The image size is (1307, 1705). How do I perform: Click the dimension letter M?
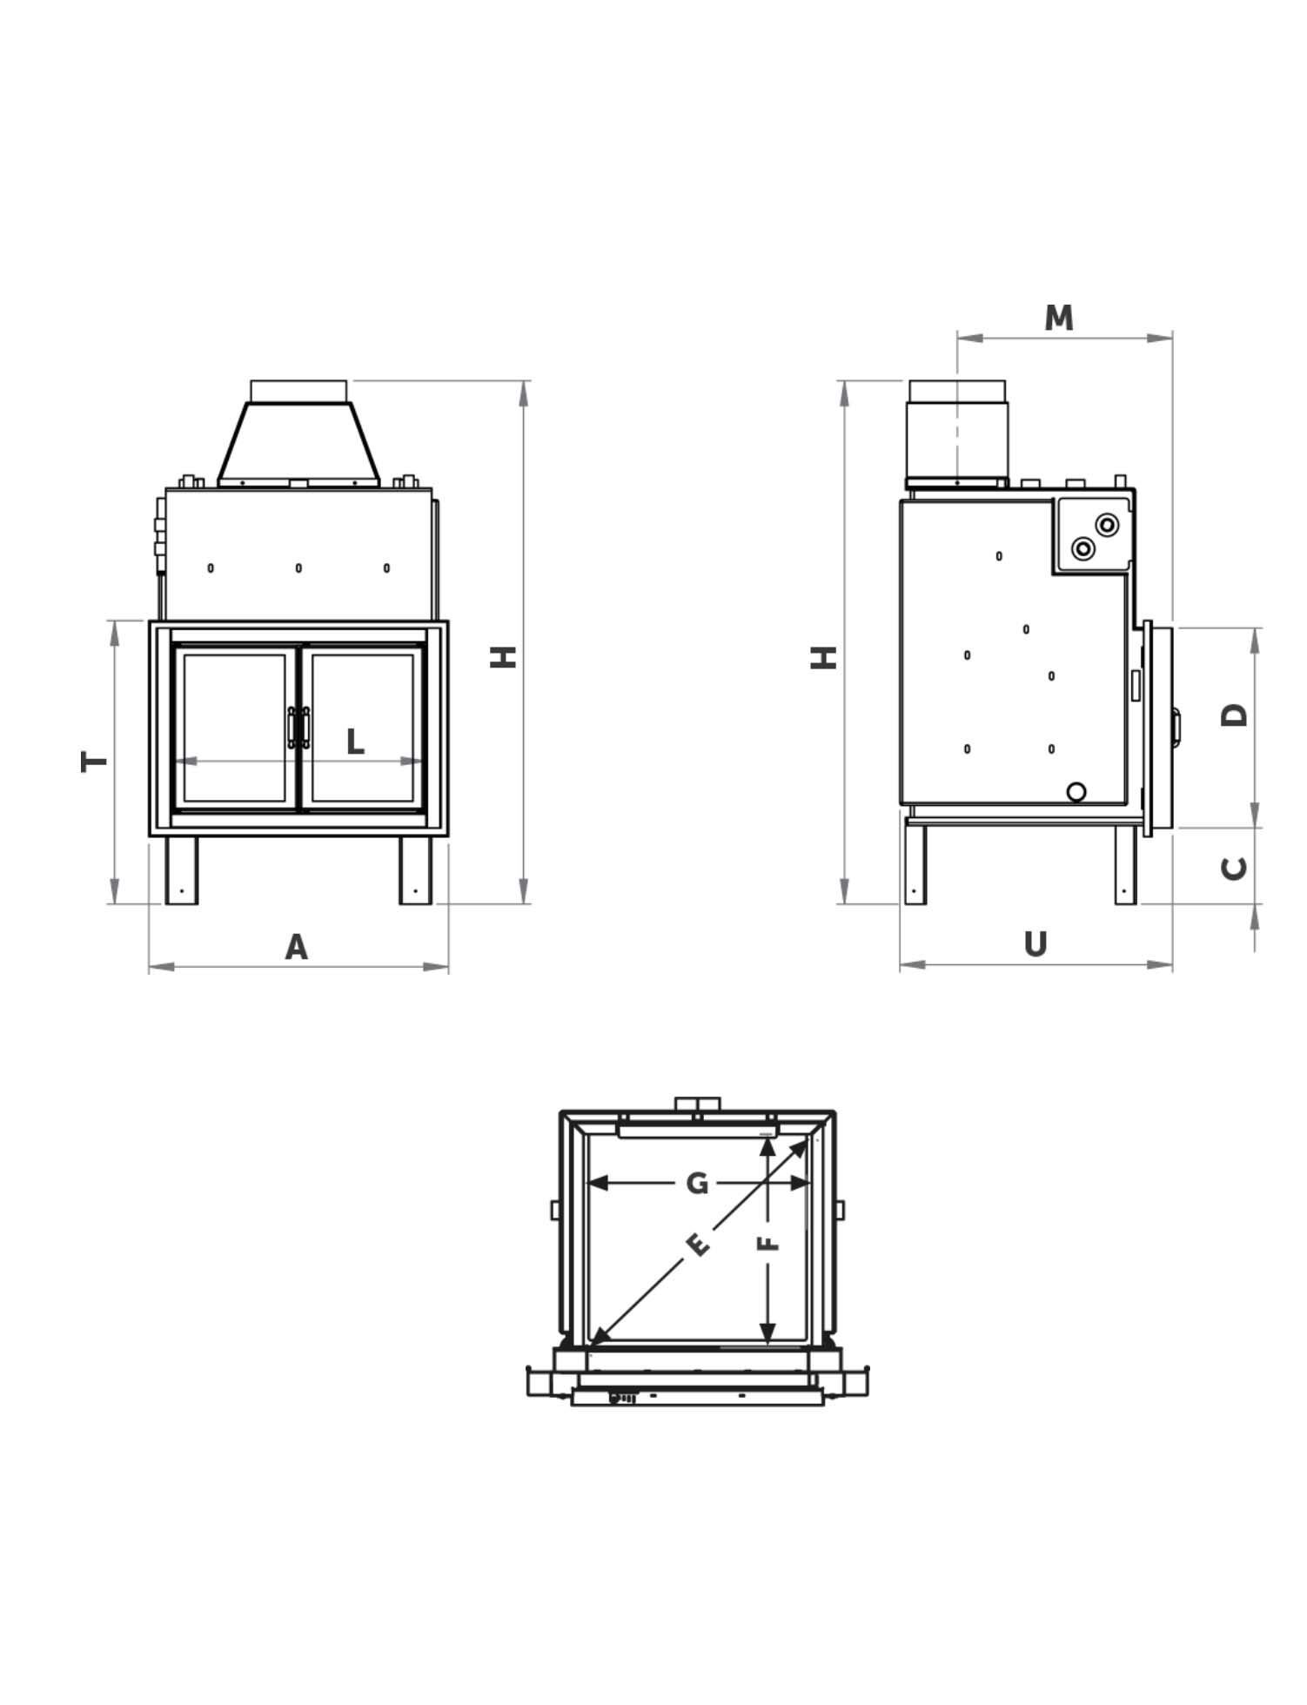pos(1058,319)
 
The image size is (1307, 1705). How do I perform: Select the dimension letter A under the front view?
pos(297,947)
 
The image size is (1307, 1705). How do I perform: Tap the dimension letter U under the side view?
pos(1035,944)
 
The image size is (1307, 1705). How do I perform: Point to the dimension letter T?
pos(95,762)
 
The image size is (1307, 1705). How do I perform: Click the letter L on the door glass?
pos(354,742)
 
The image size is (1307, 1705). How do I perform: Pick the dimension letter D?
pos(1235,715)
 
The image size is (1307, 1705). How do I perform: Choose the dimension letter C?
pos(1235,868)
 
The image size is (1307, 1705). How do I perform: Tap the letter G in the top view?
pos(697,1184)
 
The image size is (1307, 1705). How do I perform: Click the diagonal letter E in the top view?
pos(698,1245)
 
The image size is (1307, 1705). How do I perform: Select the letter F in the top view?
pos(767,1242)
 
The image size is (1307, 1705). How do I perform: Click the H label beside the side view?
pos(824,657)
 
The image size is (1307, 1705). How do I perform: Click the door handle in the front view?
pos(298,728)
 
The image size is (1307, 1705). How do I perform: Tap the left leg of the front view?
pos(182,870)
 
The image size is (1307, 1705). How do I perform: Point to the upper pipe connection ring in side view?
pos(1107,526)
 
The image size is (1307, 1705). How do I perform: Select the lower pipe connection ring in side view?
pos(1083,549)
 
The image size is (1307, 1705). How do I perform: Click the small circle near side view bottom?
pos(1076,792)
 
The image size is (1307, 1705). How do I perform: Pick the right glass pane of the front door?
pos(362,728)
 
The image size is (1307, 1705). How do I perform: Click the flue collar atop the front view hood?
pos(298,392)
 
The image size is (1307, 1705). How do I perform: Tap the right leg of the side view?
pos(1125,866)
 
